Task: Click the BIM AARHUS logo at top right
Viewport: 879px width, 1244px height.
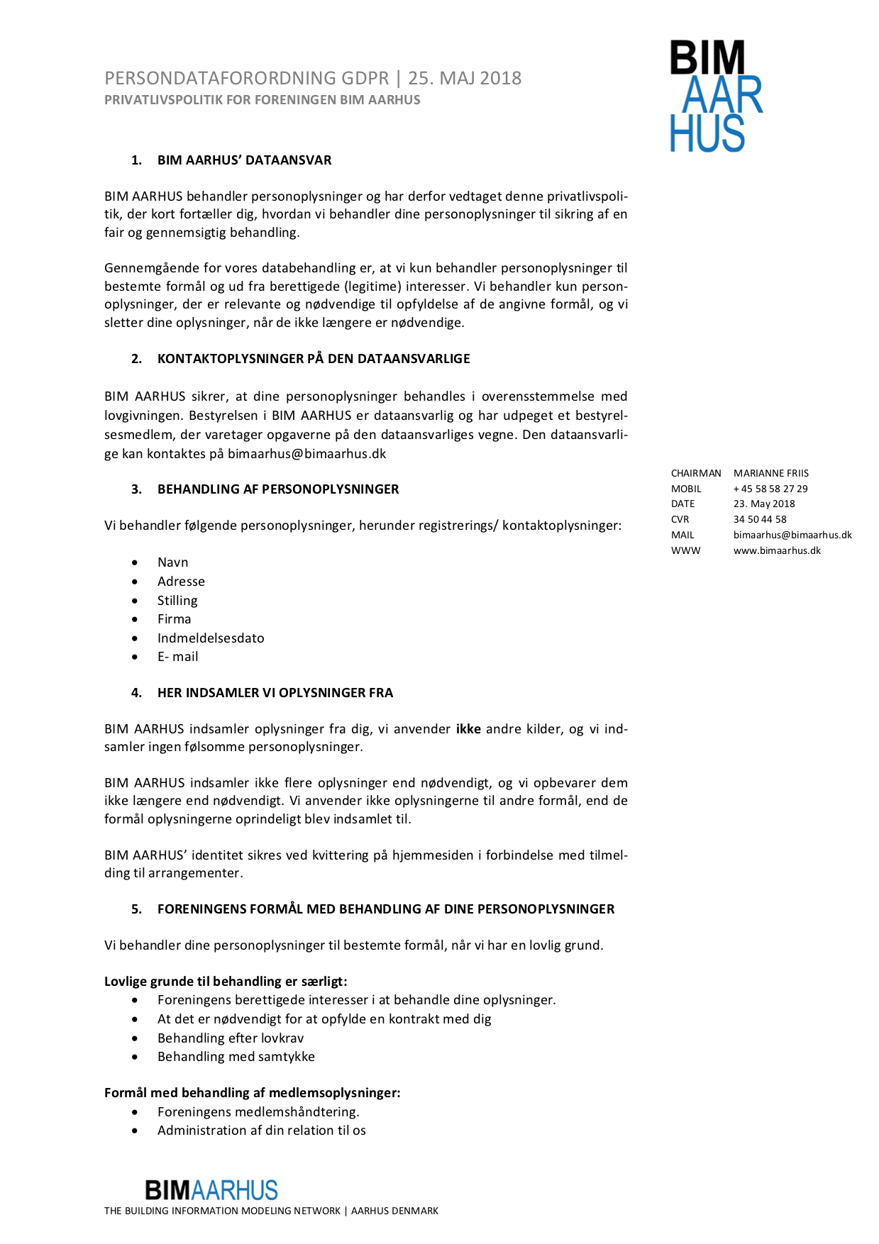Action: tap(716, 96)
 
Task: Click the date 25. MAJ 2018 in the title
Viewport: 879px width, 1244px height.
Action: tap(465, 78)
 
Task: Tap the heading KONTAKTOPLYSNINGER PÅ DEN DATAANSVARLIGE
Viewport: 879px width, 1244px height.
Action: tap(314, 359)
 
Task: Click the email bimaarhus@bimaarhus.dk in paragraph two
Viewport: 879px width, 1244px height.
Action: tap(306, 454)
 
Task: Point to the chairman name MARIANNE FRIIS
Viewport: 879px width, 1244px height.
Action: tap(770, 473)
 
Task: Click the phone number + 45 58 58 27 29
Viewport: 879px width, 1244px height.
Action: tap(770, 489)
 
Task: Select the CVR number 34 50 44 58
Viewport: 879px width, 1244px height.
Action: tap(760, 519)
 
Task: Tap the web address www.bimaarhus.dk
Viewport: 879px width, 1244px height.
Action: tap(777, 550)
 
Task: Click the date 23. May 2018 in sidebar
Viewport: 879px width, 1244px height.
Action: tap(764, 504)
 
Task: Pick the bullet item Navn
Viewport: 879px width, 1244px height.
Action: tap(172, 562)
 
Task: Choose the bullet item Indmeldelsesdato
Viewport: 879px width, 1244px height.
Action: tap(211, 638)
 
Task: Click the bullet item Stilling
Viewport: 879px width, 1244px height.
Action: tap(177, 601)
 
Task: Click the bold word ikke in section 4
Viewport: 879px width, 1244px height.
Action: tap(468, 729)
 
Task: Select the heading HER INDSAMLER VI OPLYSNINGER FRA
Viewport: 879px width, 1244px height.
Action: tap(275, 693)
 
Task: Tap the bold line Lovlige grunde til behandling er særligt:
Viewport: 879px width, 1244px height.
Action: tap(226, 982)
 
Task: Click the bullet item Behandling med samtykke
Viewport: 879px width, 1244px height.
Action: tap(236, 1057)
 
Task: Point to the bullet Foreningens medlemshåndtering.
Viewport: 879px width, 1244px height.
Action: tap(258, 1112)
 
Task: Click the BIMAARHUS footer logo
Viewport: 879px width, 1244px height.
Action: tap(211, 1189)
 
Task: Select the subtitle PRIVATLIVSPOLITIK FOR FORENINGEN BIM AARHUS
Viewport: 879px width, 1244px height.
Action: tap(262, 100)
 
